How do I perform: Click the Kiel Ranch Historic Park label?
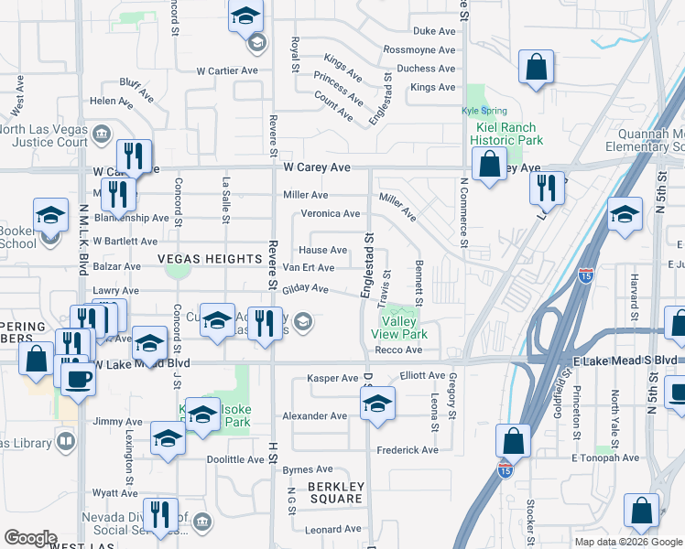506,134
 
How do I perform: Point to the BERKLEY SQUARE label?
335,492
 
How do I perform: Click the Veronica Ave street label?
331,214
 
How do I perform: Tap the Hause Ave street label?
323,250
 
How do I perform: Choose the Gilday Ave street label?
305,289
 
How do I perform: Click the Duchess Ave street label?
426,69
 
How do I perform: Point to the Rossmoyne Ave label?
419,49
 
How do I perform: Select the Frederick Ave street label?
411,450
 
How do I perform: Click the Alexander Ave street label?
314,415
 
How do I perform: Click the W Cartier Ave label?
228,70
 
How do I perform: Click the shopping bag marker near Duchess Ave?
537,68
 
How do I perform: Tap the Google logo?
30,537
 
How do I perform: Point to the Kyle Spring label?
481,111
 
